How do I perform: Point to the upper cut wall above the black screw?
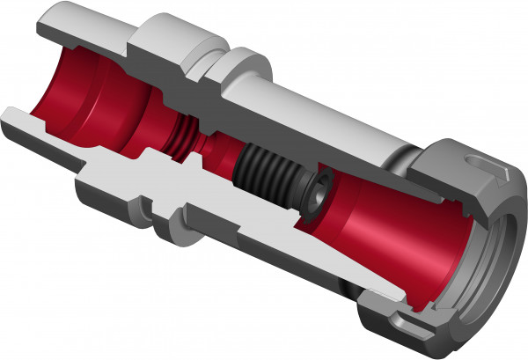point(282,136)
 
